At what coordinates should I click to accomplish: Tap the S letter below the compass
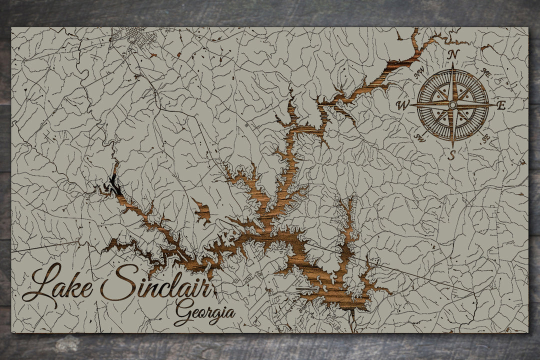[451, 155]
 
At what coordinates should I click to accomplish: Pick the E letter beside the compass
[501, 105]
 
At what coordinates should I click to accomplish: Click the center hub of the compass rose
[452, 105]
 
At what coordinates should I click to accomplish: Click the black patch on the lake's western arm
[114, 185]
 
